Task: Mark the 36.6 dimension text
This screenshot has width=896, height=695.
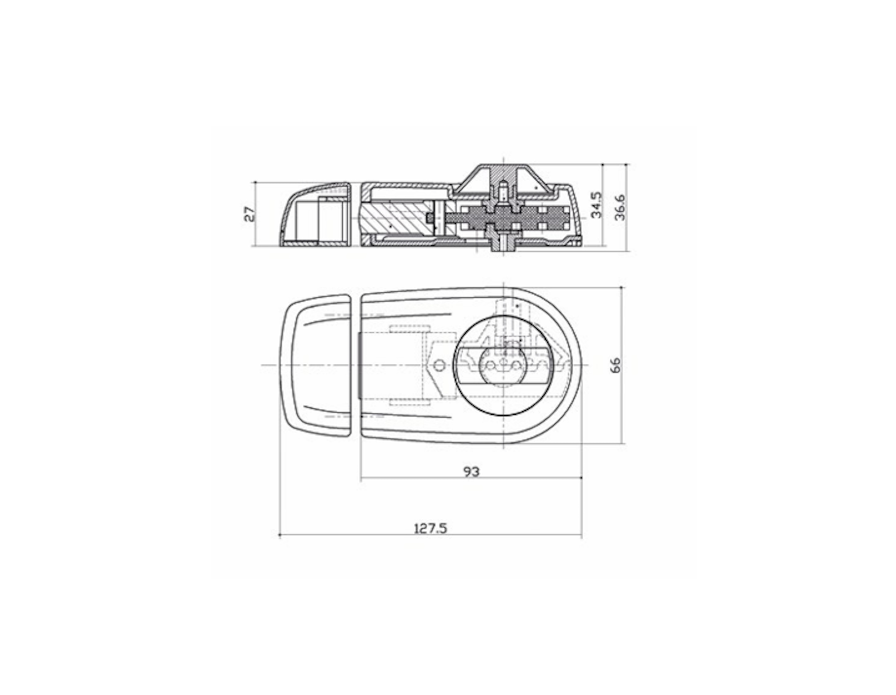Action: [x=620, y=207]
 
